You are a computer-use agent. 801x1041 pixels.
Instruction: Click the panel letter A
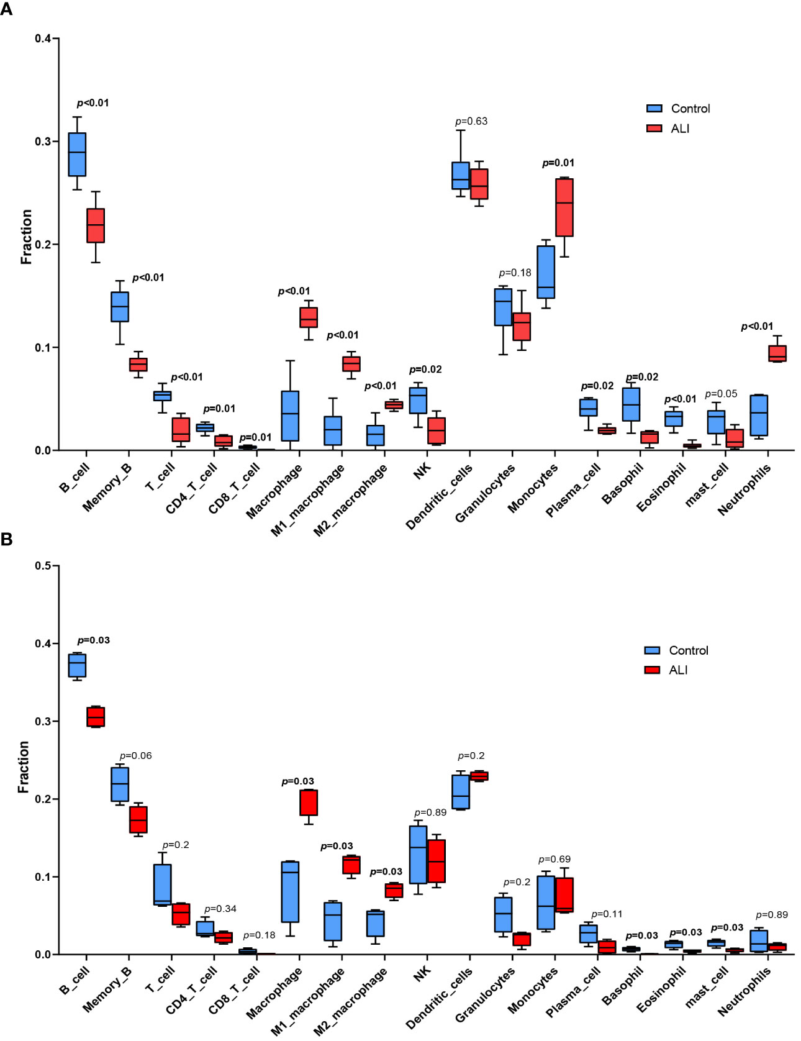[6, 9]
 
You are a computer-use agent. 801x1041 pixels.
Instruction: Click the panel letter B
[6, 539]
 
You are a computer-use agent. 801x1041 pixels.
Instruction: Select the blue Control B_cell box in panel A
[77, 155]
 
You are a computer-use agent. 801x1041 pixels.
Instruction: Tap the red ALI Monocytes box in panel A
[564, 207]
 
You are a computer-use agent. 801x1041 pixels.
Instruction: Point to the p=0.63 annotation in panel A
[471, 121]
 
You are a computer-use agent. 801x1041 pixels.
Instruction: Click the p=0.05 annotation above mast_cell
[721, 394]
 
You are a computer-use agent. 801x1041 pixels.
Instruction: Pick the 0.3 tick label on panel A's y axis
[43, 142]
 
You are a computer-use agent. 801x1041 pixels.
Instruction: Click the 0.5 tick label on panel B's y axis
[43, 566]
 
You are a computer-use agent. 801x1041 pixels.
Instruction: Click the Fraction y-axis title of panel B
[24, 766]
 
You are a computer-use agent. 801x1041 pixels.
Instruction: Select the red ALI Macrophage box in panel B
[309, 802]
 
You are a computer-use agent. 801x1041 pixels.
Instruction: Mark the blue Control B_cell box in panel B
[77, 665]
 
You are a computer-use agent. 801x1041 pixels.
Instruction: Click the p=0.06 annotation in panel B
[135, 756]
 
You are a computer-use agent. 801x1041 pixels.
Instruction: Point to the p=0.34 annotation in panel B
[220, 909]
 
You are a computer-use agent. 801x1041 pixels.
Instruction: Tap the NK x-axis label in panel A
[422, 472]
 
